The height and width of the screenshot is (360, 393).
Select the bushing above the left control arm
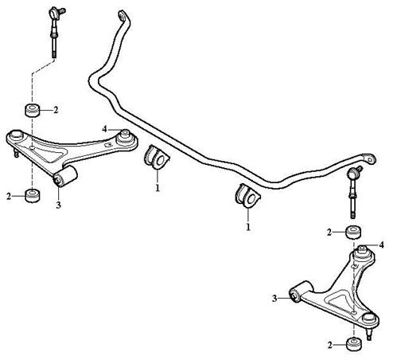(x=33, y=110)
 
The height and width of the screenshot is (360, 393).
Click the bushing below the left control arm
(x=33, y=196)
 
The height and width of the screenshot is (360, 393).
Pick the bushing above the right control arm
(x=354, y=232)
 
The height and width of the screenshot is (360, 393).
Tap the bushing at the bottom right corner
(x=354, y=344)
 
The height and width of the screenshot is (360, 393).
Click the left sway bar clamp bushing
(x=157, y=157)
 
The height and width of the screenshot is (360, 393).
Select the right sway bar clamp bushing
(x=247, y=196)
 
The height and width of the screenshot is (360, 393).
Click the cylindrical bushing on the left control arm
(x=65, y=176)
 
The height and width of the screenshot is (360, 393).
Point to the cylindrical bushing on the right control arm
(x=301, y=292)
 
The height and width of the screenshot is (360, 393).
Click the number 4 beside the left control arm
(x=104, y=129)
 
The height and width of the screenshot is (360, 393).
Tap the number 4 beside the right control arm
(x=381, y=245)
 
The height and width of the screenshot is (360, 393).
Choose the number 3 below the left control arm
(x=58, y=205)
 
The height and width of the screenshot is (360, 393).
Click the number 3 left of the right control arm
(x=274, y=299)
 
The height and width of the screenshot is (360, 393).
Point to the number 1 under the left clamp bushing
(x=158, y=188)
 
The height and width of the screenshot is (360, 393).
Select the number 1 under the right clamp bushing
(x=248, y=227)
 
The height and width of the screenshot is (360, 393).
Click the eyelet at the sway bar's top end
(x=123, y=16)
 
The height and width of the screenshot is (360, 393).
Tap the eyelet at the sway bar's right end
(x=369, y=159)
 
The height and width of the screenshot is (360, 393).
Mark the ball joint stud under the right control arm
(x=369, y=334)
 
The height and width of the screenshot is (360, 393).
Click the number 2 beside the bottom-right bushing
(x=329, y=345)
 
